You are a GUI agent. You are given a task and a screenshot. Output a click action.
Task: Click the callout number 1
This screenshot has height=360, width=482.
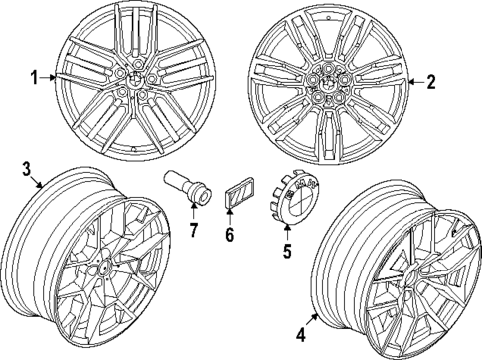[x=34, y=76]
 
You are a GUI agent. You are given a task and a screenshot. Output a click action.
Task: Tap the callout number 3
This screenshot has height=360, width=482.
[x=28, y=170]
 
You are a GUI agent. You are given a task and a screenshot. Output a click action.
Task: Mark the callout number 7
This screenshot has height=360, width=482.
[x=194, y=232]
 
